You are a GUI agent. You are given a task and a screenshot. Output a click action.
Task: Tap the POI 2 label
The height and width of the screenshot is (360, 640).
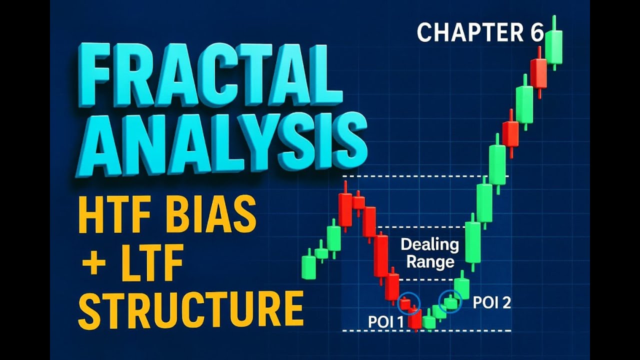coord(492,302)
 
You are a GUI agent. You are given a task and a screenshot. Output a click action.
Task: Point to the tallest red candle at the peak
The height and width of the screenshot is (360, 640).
coord(345,208)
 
